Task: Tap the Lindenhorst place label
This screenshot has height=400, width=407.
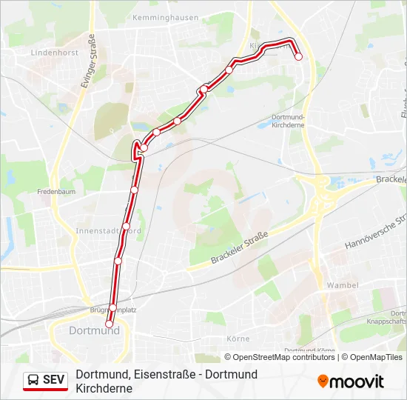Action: [55, 53]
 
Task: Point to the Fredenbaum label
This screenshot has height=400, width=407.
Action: [57, 191]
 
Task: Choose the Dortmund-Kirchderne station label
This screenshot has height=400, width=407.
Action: [288, 121]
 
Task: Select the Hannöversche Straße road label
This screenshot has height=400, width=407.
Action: [376, 233]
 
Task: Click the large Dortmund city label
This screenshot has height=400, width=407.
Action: [94, 330]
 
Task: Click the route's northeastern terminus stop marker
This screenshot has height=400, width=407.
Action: [299, 56]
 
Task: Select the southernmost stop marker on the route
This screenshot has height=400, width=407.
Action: [110, 324]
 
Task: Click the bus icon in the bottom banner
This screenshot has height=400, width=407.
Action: [34, 380]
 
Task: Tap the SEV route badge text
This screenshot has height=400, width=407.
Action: [54, 380]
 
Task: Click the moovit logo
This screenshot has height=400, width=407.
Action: [351, 381]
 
